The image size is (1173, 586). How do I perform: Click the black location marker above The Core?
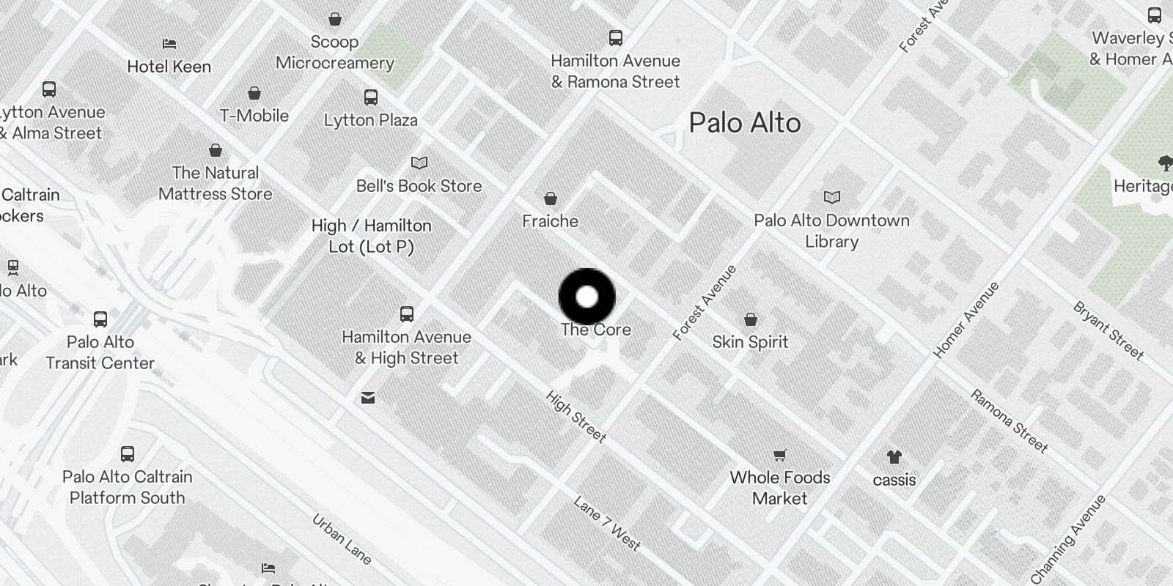point(586,297)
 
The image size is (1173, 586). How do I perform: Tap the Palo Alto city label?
point(744,123)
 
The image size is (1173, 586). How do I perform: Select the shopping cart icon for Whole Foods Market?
point(780,456)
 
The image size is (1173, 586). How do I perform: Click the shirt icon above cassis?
point(894,458)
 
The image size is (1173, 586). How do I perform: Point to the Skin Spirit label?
point(750,342)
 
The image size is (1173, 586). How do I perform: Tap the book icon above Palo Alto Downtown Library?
point(831,197)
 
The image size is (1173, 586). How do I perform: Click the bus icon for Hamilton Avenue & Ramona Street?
point(616,38)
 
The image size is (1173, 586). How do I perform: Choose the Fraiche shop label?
point(550,221)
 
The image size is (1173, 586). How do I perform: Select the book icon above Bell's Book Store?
point(419,163)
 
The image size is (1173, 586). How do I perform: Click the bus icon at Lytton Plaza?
point(371,97)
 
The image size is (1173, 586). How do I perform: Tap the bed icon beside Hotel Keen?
point(169,44)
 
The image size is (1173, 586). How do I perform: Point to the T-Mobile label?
point(254,116)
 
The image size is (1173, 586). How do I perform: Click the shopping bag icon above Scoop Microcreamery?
point(335,19)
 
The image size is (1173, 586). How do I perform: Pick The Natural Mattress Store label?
point(216,183)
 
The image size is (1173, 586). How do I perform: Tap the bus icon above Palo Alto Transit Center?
point(100,319)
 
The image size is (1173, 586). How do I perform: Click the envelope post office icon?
point(368,398)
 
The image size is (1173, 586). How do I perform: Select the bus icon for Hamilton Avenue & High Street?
point(407,314)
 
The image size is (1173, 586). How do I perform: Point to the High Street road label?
point(576,416)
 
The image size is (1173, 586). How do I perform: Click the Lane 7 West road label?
point(607,523)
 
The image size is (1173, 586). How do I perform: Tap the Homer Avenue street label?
point(966,320)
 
